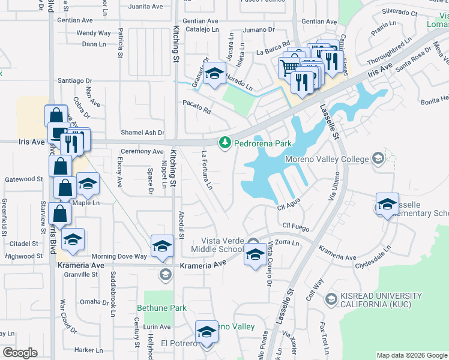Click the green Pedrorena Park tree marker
click(x=225, y=143)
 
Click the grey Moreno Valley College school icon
click(x=378, y=158)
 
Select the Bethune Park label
click(x=161, y=308)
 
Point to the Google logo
click(x=20, y=352)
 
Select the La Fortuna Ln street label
click(x=207, y=170)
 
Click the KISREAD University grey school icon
click(x=330, y=299)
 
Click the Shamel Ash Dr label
click(x=142, y=133)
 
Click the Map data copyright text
click(x=411, y=355)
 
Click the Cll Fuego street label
click(x=295, y=227)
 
